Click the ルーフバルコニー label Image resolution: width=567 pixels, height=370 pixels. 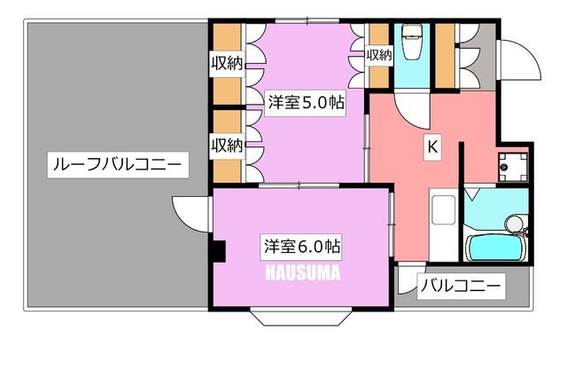[x=118, y=165]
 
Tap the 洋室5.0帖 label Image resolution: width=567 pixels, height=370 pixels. [x=306, y=102]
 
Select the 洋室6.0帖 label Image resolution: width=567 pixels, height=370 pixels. [x=301, y=247]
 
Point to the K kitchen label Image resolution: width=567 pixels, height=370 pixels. [x=432, y=147]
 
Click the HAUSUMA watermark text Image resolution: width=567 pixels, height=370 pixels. [x=303, y=273]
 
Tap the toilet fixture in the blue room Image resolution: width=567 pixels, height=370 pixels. [x=411, y=42]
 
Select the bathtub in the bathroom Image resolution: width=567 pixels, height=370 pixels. [x=495, y=248]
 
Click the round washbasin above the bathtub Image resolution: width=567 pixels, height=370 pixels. [x=515, y=224]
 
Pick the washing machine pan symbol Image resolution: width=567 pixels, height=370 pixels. [x=513, y=168]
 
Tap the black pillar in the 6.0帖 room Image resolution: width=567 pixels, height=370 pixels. [x=219, y=251]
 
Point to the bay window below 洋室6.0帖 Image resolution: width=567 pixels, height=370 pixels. [x=301, y=317]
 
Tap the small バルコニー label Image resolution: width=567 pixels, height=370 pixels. [x=461, y=287]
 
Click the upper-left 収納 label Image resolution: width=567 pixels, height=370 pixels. [x=227, y=63]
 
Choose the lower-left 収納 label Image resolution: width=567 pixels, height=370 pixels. [x=227, y=146]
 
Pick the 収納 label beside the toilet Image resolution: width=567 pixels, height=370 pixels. [x=379, y=55]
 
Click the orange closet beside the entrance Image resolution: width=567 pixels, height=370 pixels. [x=445, y=56]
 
